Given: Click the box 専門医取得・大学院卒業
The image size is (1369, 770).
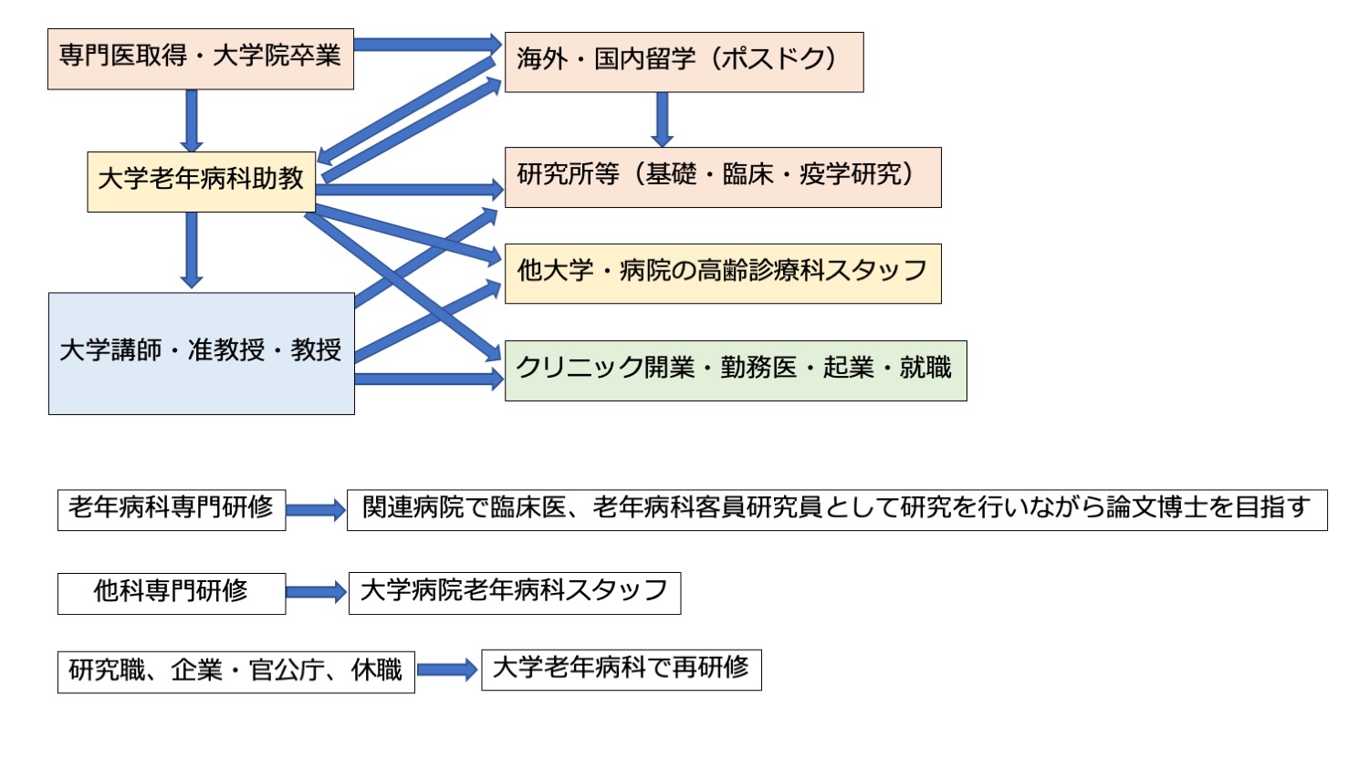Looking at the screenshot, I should [200, 58].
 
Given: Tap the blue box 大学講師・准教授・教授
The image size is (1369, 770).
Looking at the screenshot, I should [201, 353].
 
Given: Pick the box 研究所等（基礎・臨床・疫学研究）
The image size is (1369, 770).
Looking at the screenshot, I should [722, 177].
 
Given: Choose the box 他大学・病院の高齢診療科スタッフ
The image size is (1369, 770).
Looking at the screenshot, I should [722, 273].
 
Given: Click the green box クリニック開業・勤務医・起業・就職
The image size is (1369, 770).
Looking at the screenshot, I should [735, 370].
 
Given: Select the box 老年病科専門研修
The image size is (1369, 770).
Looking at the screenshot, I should [171, 509].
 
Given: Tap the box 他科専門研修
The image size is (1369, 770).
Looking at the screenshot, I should [171, 593].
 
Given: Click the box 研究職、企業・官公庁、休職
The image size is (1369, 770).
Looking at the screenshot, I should [235, 671].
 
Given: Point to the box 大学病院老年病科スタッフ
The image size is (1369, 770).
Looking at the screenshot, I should [514, 593].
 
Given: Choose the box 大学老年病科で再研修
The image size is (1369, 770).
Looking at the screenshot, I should [621, 670].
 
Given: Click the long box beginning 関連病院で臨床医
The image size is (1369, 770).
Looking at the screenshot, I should [836, 509].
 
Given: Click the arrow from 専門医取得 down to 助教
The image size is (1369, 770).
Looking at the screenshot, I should [191, 120].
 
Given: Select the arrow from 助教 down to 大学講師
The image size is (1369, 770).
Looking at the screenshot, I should [191, 250].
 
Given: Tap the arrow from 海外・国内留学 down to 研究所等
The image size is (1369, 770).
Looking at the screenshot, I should [663, 119].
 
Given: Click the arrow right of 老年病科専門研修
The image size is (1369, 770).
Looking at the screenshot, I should [316, 510].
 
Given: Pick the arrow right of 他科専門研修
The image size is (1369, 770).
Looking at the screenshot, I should [316, 593].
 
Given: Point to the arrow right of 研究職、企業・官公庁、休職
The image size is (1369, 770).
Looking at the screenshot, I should [447, 671].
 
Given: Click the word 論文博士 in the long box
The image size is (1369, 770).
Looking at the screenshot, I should [1156, 508].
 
